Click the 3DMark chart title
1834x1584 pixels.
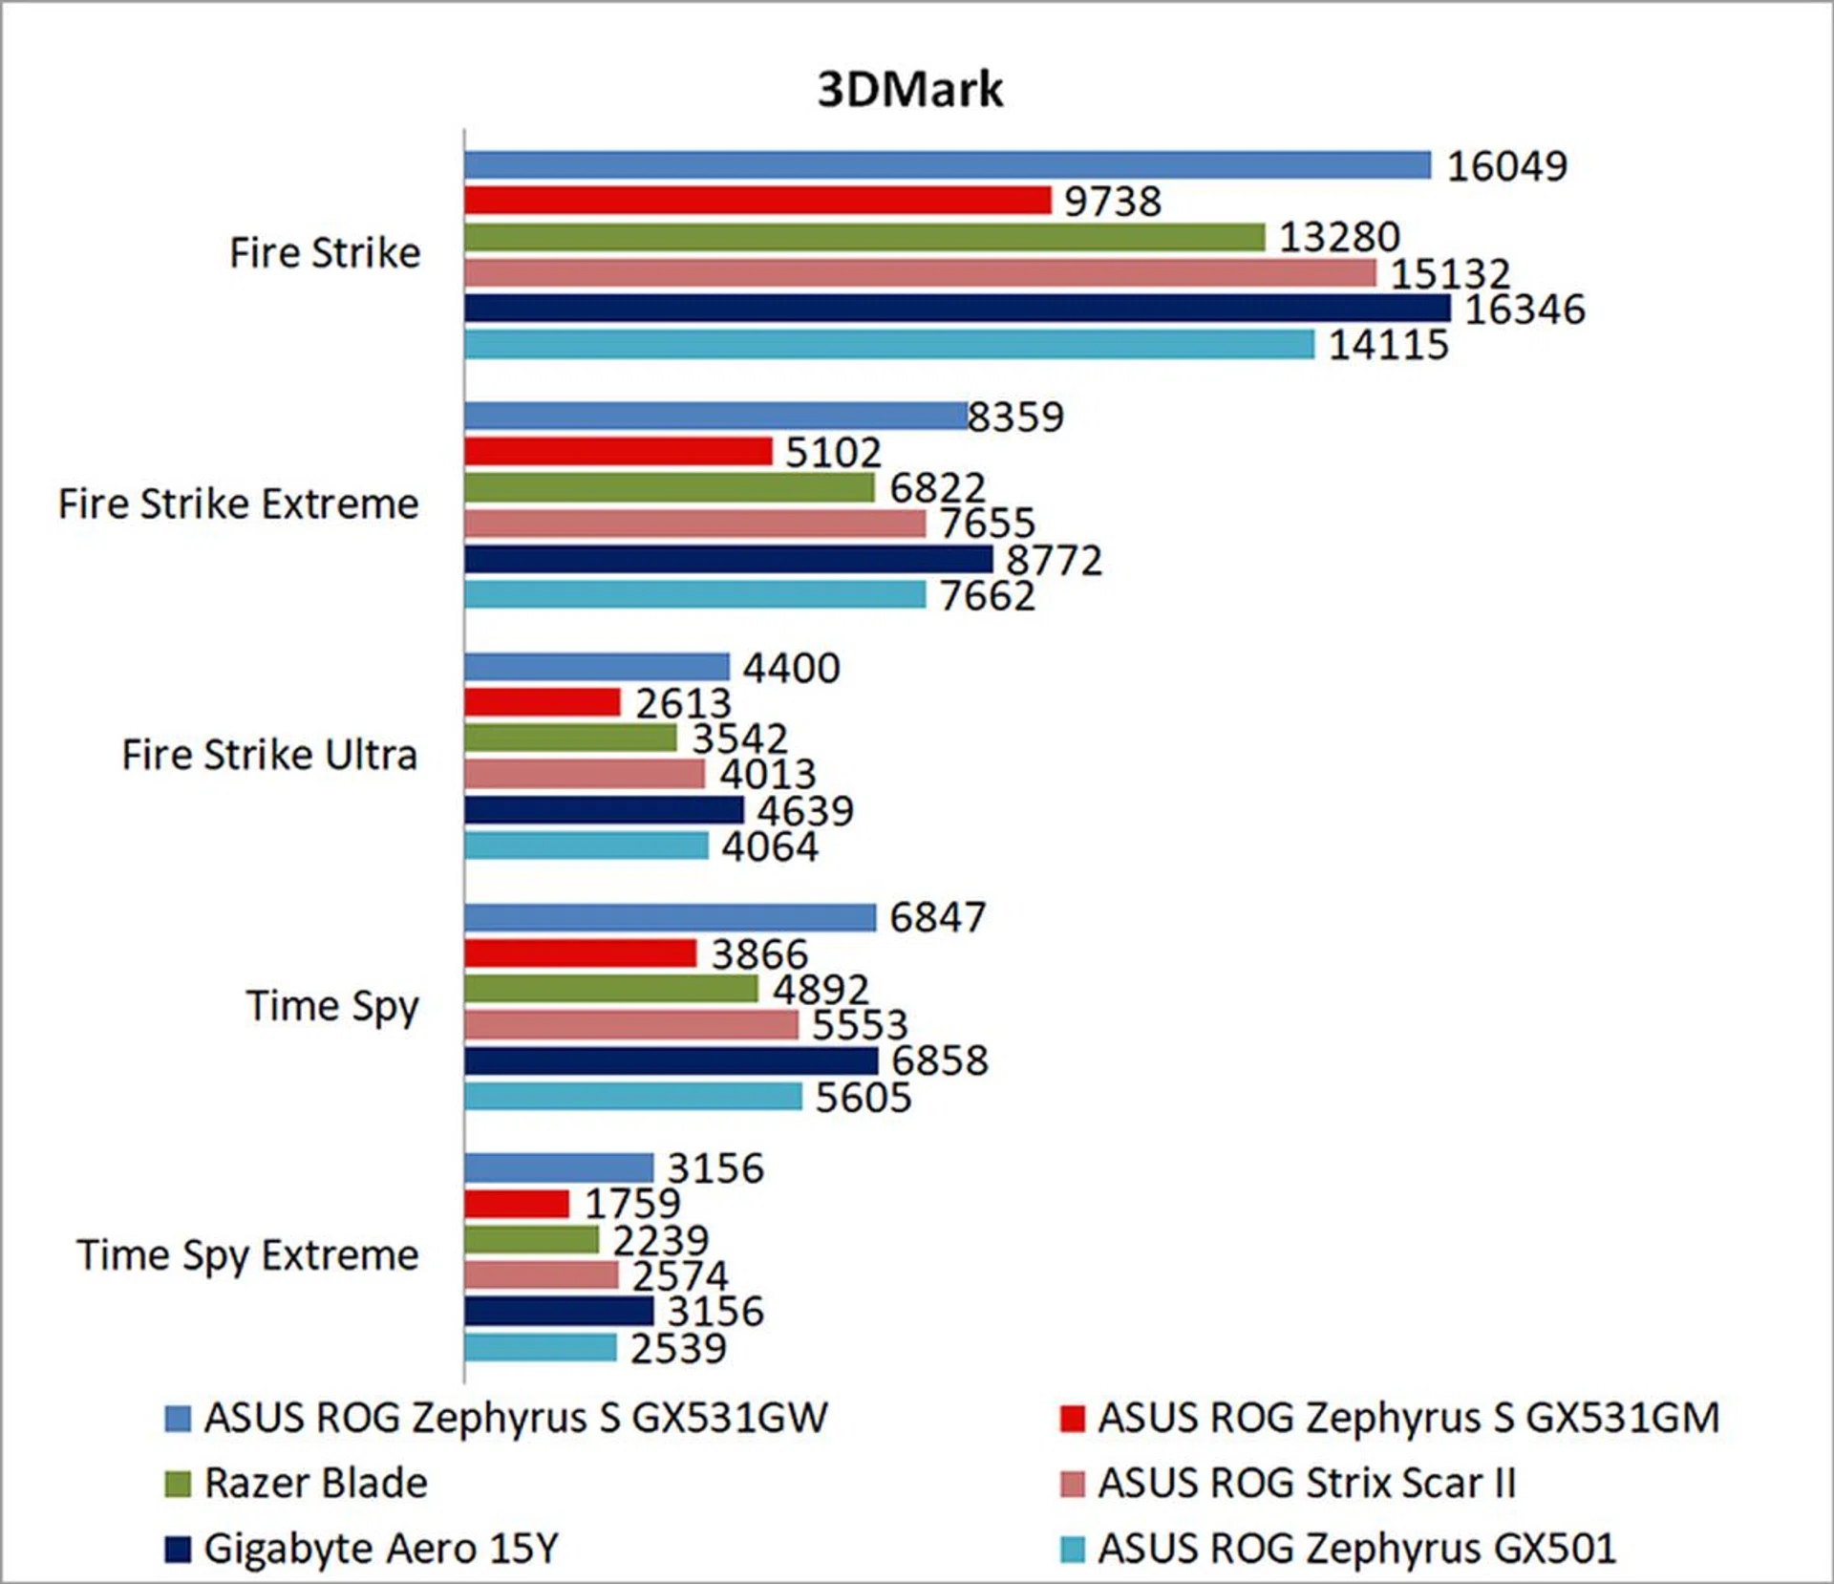910,90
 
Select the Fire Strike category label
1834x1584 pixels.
325,253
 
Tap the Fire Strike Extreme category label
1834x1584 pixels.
239,503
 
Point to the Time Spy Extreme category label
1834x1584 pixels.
248,1255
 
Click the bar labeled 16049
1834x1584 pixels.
948,165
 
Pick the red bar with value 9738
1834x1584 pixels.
757,201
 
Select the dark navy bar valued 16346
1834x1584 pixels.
957,309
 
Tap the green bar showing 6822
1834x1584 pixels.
669,488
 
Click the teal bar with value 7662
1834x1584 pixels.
694,595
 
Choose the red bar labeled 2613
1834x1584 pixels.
543,703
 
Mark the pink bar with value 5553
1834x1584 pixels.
631,1025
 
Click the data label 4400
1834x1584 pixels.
792,668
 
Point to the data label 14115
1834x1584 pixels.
1388,345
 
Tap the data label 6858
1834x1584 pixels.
940,1060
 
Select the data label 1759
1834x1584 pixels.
632,1204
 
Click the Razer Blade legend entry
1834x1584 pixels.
315,1483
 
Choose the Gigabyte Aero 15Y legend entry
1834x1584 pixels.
380,1549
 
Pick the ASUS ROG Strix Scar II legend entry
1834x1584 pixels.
1306,1483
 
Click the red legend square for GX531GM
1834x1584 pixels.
1073,1419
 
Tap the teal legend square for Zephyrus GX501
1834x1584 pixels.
1073,1549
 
